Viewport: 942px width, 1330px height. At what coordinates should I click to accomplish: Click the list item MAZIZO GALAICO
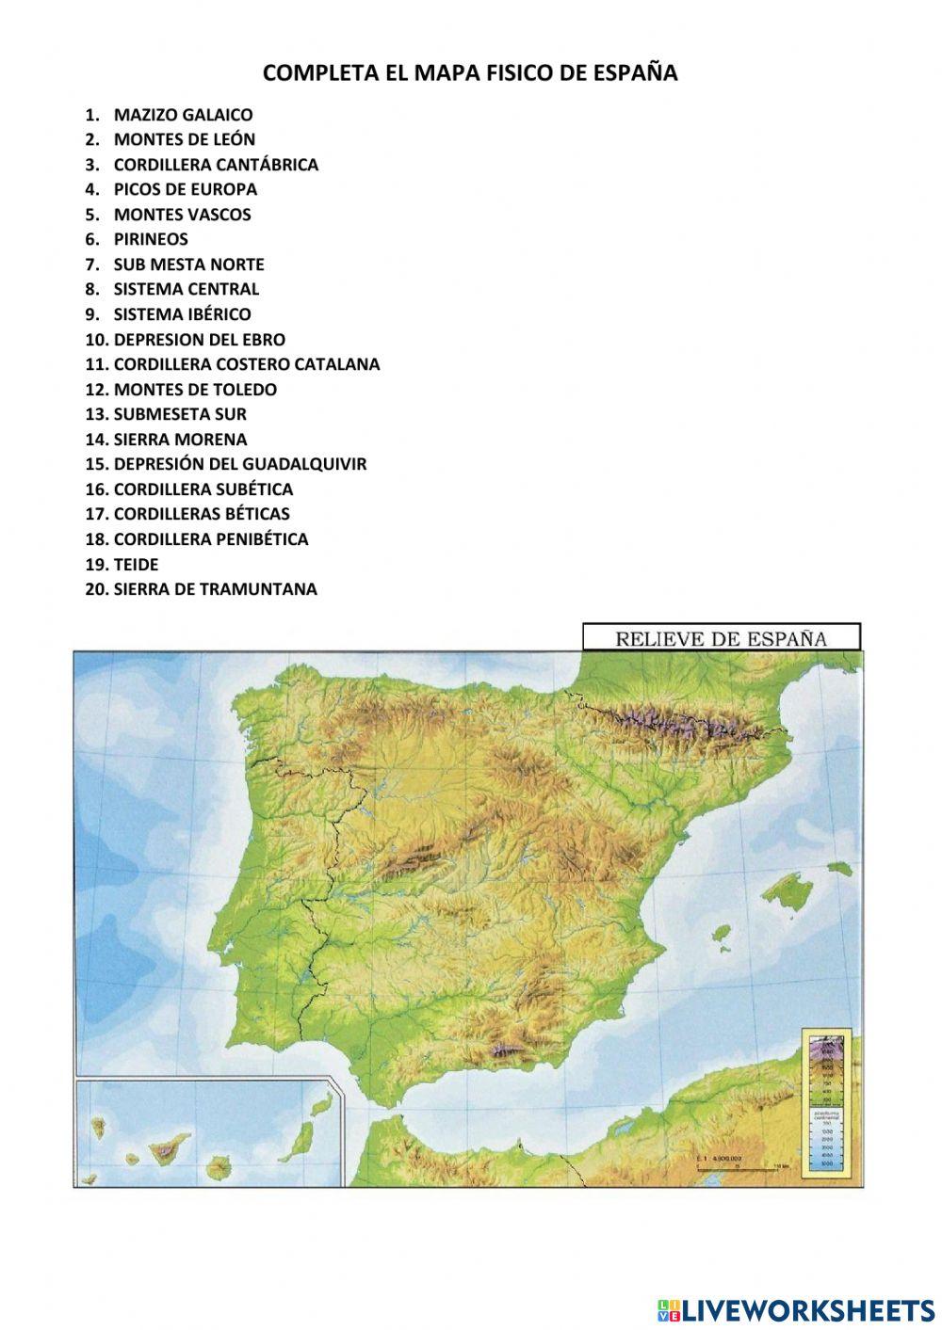(183, 115)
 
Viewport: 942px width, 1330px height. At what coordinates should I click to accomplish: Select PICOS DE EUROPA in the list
(185, 189)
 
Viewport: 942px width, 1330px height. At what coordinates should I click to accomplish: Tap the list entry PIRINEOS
(151, 239)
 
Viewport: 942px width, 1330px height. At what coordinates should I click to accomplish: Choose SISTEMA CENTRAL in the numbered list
(186, 289)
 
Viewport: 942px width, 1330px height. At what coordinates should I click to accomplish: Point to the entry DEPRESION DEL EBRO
(199, 339)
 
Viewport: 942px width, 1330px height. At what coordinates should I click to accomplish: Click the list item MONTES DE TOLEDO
(195, 389)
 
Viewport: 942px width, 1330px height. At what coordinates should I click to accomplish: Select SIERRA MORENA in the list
(180, 439)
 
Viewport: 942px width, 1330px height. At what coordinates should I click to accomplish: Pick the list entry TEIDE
(136, 564)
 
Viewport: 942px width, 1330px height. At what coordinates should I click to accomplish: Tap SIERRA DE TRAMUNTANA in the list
(215, 589)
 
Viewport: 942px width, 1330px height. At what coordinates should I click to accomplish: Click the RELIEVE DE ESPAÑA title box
(722, 637)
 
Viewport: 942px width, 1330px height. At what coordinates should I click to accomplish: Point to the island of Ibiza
(722, 934)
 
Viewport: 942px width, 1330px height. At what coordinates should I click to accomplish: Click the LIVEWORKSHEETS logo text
(808, 1309)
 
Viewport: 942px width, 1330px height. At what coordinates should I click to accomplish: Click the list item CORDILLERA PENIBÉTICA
(210, 539)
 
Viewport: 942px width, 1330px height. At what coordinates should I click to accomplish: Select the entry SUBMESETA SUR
(180, 414)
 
